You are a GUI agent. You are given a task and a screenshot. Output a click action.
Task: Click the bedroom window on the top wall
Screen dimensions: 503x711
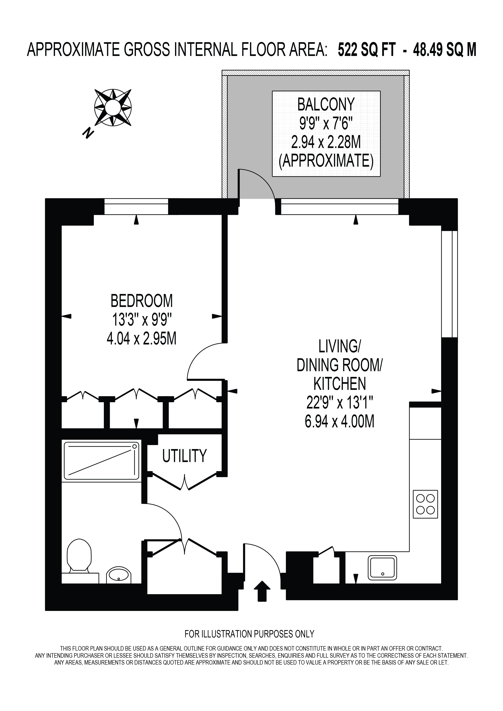click(x=136, y=207)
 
